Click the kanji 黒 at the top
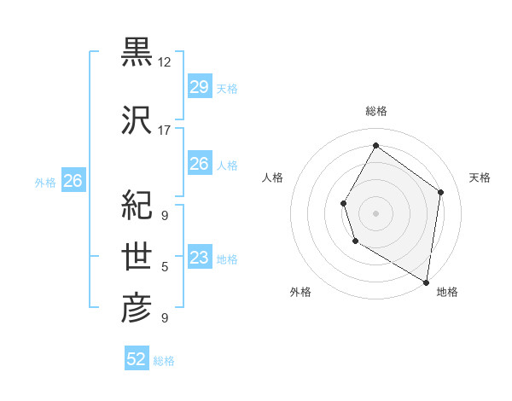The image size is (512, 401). tap(137, 52)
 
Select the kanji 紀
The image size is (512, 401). tap(137, 204)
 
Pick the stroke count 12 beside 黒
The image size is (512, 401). tap(165, 62)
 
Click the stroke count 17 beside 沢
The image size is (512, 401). tap(165, 131)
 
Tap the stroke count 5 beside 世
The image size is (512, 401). tap(165, 267)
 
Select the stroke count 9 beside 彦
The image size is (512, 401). tap(165, 318)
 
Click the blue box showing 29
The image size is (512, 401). tap(199, 87)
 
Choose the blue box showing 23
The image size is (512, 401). tap(199, 258)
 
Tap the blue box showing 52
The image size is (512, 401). tap(137, 359)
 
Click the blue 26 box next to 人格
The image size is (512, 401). tap(199, 164)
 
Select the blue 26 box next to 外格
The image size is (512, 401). tap(73, 181)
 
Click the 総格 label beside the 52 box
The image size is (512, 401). tap(165, 361)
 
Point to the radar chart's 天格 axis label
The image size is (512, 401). tap(480, 177)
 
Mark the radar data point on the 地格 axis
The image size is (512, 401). tap(426, 282)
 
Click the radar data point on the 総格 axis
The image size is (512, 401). tap(375, 145)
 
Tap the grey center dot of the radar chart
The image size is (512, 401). tap(375, 213)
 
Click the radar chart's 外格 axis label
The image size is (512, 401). tap(300, 292)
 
